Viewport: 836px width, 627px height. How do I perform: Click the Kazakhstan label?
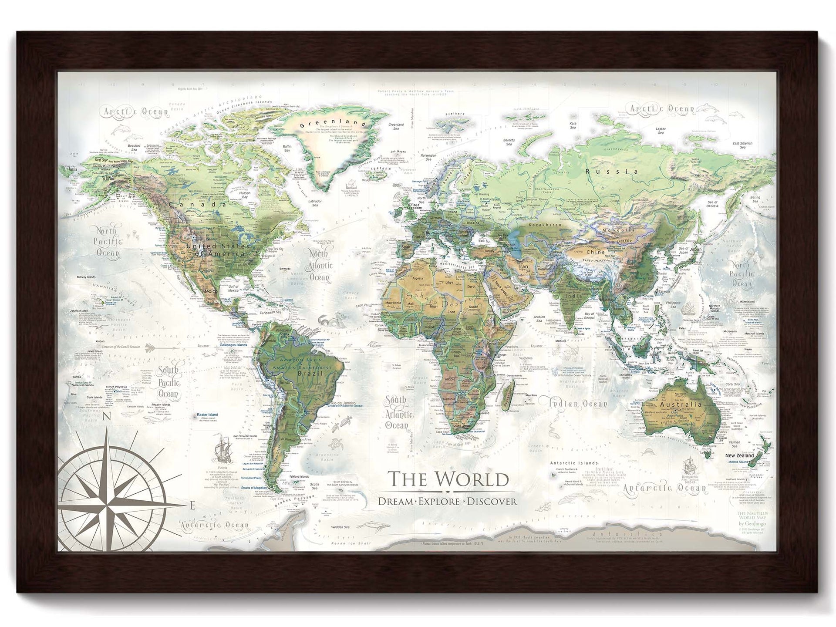point(543,226)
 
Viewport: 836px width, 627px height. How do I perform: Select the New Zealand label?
point(739,455)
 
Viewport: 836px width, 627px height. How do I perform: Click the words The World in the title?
point(448,479)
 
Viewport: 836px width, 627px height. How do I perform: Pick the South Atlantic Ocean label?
point(396,413)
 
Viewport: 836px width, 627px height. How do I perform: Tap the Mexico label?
point(210,291)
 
